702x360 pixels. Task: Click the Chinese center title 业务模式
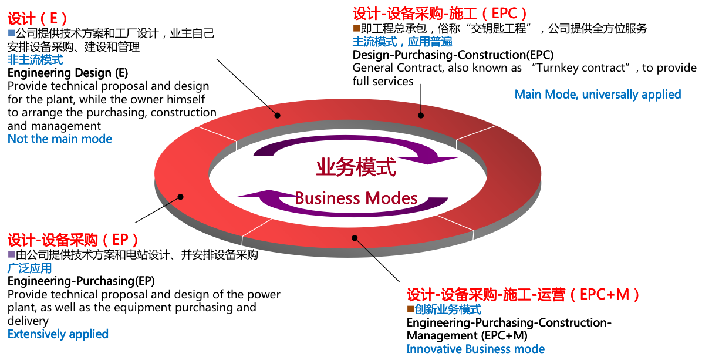[x=356, y=167]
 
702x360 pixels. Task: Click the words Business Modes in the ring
[x=356, y=197]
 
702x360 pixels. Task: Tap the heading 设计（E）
[x=38, y=18]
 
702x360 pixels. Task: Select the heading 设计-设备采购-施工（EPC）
[x=440, y=13]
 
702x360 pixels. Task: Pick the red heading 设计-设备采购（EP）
[x=73, y=240]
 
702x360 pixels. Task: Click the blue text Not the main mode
[x=60, y=139]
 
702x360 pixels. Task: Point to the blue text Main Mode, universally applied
[x=598, y=95]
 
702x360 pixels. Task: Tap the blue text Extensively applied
[x=58, y=334]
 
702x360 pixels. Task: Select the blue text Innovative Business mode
[x=475, y=349]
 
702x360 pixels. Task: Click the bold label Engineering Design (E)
[x=67, y=73]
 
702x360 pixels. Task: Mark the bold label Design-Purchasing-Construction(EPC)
[x=453, y=55]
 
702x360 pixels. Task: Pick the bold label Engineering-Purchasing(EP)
[x=81, y=281]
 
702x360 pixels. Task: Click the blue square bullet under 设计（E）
[x=11, y=32]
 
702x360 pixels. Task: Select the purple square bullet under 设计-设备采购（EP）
[x=11, y=255]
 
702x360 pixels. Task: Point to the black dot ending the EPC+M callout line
[x=354, y=238]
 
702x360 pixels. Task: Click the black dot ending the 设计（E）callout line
[x=276, y=116]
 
